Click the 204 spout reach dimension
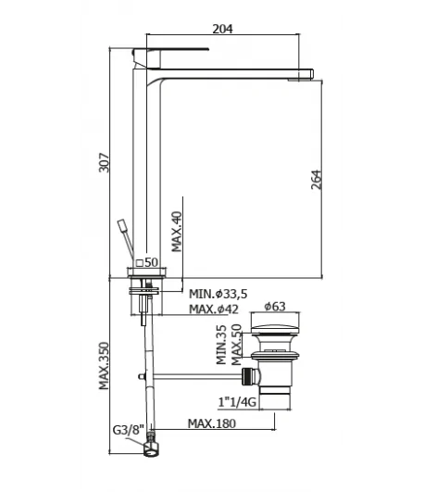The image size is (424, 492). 223,29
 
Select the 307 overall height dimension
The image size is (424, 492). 104,162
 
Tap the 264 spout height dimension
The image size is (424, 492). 316,180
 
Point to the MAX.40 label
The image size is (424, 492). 177,232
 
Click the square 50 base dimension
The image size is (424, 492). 147,262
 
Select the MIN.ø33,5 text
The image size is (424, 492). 218,294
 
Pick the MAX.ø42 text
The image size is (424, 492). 214,309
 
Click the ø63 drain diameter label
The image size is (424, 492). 275,306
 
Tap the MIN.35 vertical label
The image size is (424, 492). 221,344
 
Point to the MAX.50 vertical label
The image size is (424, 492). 237,345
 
